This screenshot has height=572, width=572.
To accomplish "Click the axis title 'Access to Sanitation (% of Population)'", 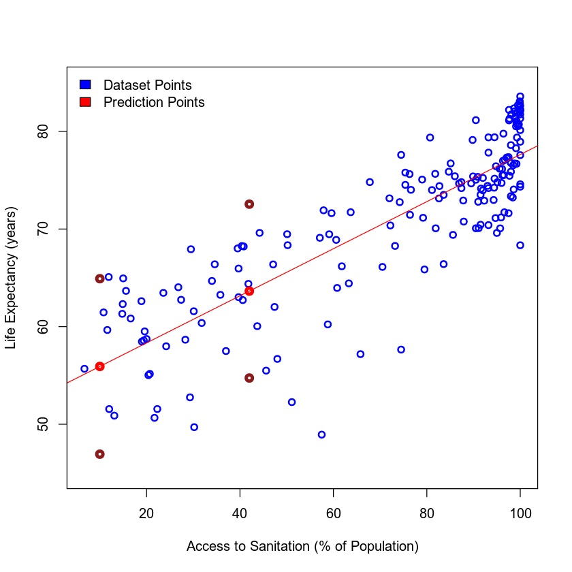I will point(302,547).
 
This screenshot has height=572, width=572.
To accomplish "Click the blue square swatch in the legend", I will point(85,85).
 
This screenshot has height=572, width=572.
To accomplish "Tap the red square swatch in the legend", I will point(85,102).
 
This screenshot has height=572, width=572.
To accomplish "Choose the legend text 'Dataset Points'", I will point(147,85).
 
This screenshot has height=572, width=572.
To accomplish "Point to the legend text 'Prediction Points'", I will point(154,102).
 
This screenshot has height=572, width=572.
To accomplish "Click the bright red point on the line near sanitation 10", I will point(99,366).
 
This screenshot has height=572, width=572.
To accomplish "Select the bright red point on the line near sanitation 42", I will point(249,291).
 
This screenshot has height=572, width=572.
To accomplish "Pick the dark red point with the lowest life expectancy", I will point(99,454).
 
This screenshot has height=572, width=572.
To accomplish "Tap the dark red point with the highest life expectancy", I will point(249,204).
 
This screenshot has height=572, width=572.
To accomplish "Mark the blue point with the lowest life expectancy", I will point(321,434).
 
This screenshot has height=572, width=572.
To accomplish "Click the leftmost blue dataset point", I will point(84,368).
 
